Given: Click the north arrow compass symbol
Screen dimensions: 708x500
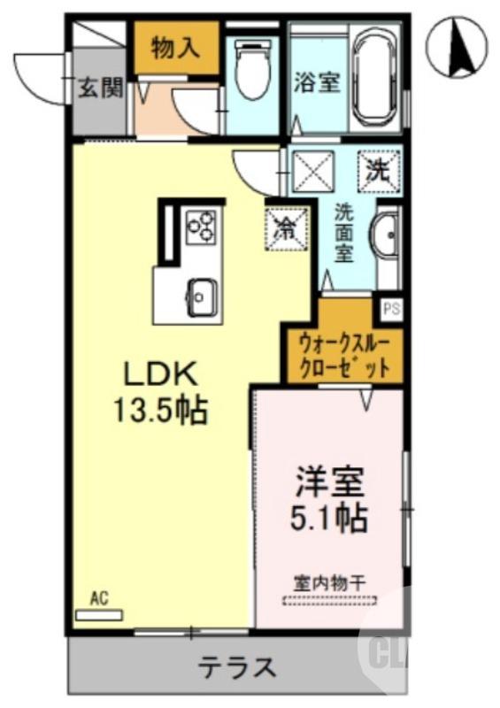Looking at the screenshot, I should tap(458, 48).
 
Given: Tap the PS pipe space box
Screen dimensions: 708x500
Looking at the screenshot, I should tap(389, 310).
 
